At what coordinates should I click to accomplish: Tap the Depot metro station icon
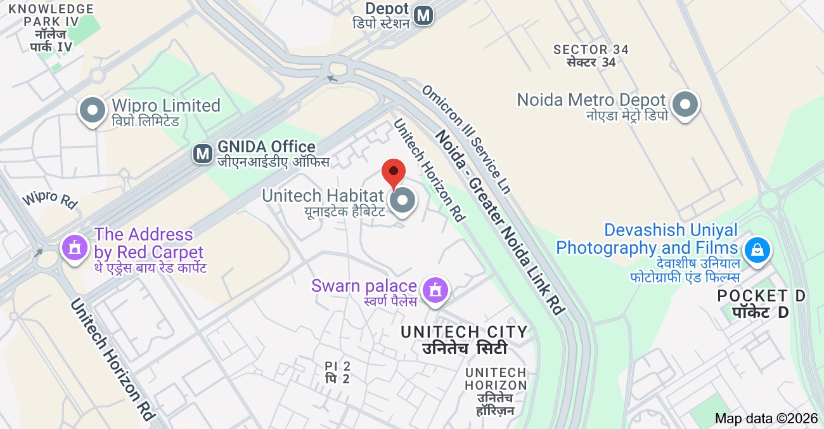click(423, 15)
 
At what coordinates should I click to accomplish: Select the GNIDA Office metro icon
click(203, 153)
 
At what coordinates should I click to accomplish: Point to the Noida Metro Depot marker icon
click(685, 105)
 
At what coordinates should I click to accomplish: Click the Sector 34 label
click(591, 56)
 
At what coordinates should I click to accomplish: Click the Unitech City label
click(464, 340)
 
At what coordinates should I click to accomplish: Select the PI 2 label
click(337, 373)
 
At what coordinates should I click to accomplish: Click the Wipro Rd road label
click(49, 199)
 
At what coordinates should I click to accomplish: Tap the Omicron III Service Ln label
click(466, 140)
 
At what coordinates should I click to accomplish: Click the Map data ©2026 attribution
click(766, 418)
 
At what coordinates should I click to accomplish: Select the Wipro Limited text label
click(166, 105)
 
